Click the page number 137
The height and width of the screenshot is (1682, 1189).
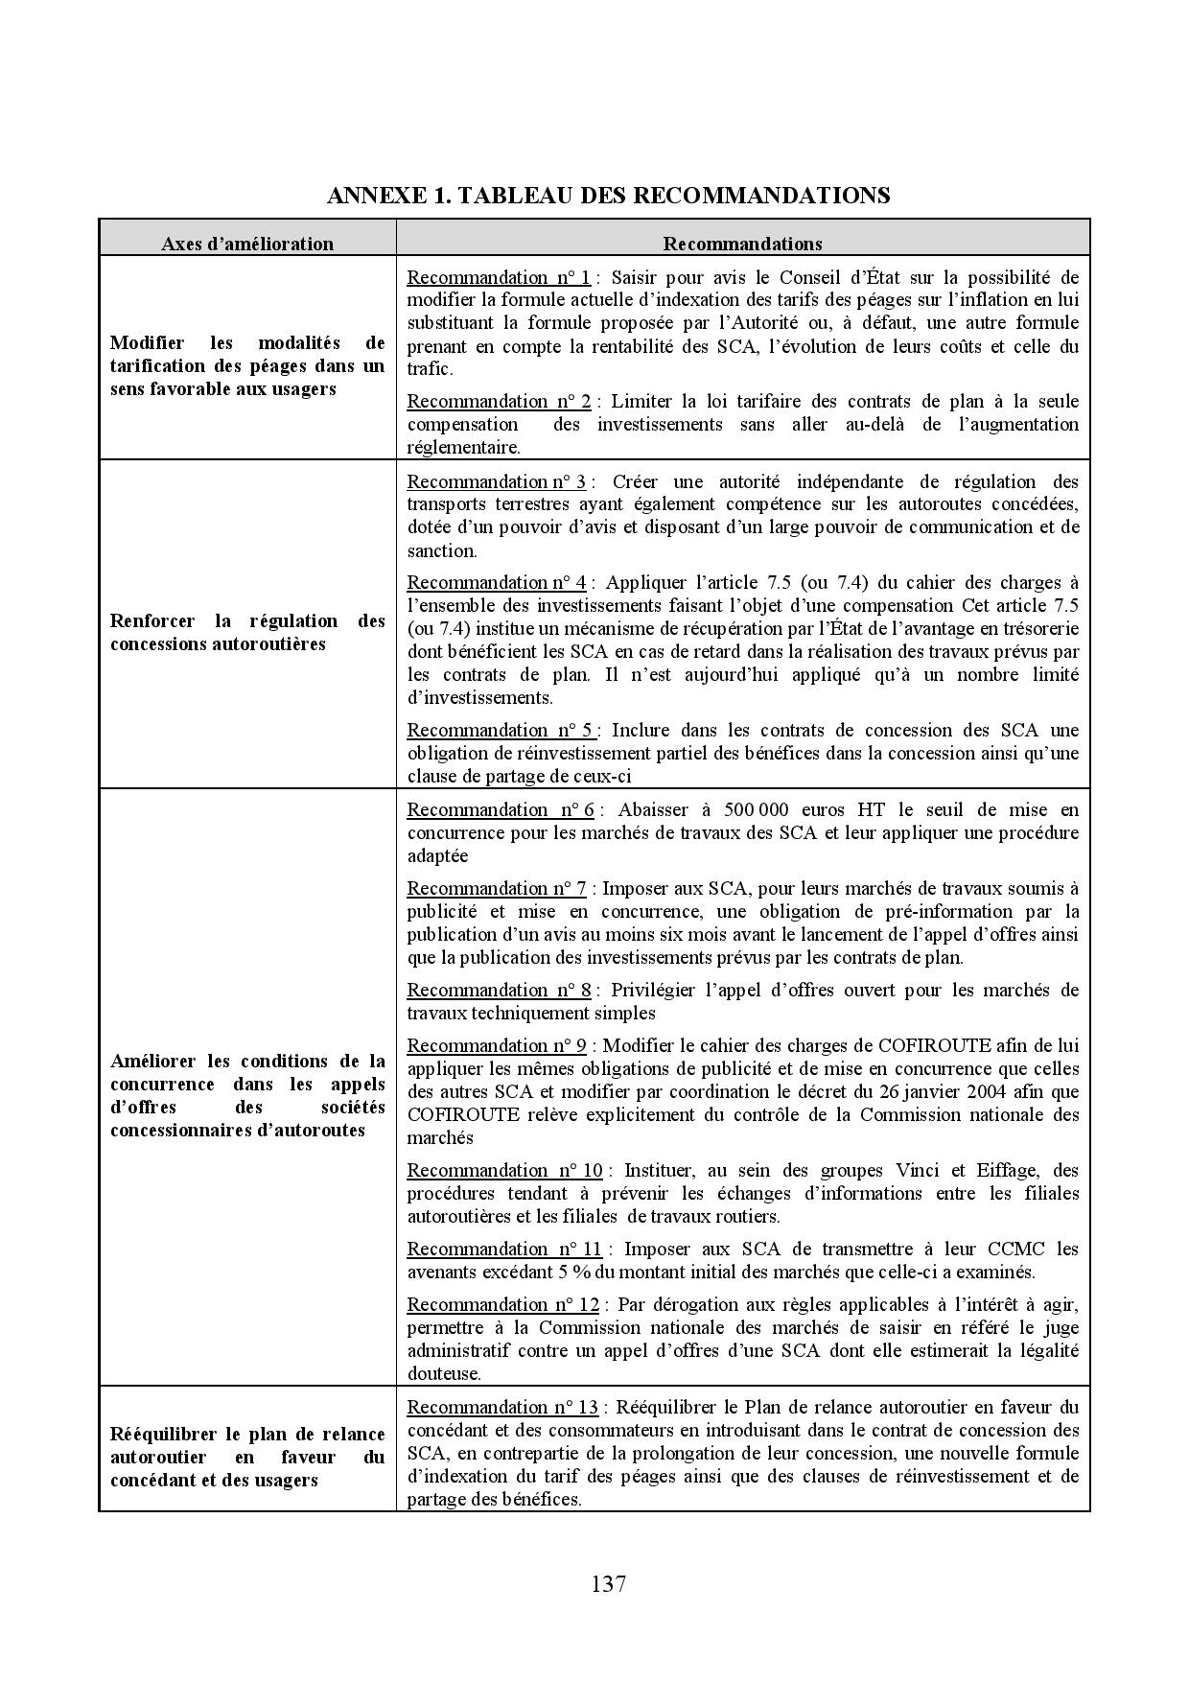[609, 1583]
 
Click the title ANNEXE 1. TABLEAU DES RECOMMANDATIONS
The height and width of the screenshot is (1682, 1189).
[608, 196]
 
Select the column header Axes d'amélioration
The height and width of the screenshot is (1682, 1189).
[247, 244]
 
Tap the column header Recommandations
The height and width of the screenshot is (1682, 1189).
[742, 244]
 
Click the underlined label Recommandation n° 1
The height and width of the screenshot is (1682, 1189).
[499, 277]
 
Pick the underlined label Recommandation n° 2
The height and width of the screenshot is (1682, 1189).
[499, 401]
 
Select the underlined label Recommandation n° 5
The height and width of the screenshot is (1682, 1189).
[500, 730]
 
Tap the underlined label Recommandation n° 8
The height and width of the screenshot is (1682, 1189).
[499, 990]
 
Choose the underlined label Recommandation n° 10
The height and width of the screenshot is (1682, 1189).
[504, 1170]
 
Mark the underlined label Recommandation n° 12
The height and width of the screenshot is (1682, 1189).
[502, 1304]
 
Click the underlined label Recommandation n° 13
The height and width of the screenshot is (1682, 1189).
[502, 1407]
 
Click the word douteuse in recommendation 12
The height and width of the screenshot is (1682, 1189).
[442, 1373]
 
